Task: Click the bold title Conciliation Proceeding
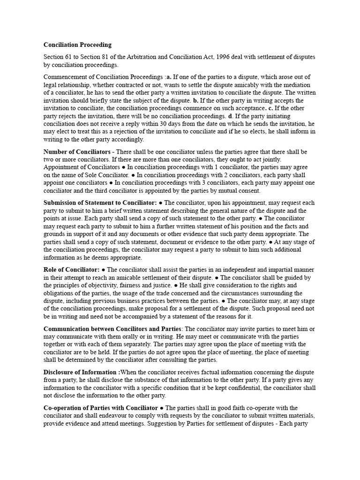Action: pyautogui.click(x=77, y=45)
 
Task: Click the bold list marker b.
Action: pyautogui.click(x=196, y=101)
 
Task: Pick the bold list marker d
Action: pyautogui.click(x=230, y=116)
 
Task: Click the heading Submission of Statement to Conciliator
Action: pyautogui.click(x=100, y=202)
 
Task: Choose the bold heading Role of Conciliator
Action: pyautogui.click(x=71, y=270)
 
